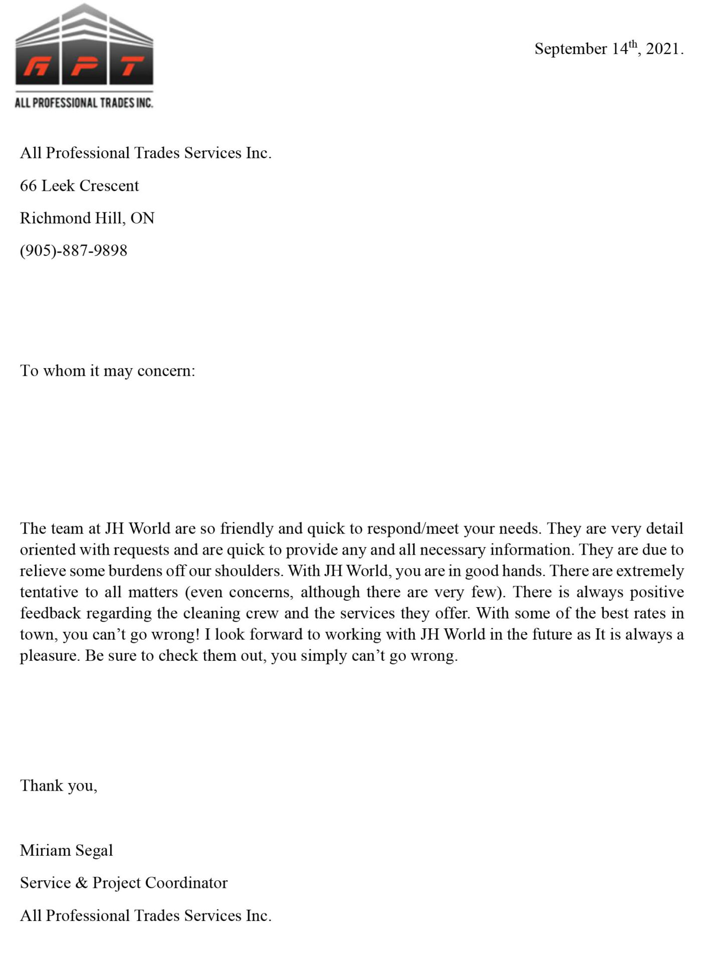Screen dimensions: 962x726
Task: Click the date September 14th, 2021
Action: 608,49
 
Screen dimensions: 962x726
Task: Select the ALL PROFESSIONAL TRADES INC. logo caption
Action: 84,103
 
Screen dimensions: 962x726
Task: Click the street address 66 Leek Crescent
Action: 79,185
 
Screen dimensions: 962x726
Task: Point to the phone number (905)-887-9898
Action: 74,250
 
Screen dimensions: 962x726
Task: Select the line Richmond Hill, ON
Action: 87,218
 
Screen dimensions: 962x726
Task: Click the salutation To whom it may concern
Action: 107,371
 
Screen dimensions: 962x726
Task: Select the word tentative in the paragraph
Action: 49,592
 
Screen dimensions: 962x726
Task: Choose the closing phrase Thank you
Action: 58,786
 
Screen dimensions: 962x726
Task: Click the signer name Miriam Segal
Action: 66,850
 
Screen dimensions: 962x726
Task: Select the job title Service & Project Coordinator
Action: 124,883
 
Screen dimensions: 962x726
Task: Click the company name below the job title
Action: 145,915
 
